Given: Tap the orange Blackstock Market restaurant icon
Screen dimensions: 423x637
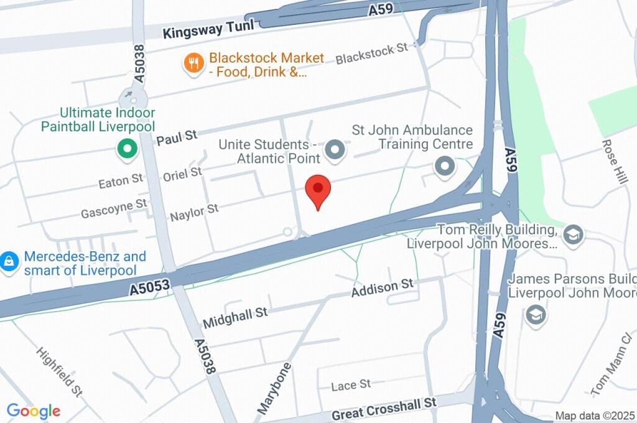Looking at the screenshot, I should click(x=195, y=63).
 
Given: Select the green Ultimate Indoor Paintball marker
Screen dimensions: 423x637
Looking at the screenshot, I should click(x=128, y=149).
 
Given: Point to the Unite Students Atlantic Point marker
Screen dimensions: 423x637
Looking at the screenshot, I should click(x=336, y=150).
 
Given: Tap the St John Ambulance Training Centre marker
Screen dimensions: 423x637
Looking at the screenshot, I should click(x=444, y=167).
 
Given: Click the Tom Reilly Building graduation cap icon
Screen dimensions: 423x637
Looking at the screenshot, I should click(x=572, y=235).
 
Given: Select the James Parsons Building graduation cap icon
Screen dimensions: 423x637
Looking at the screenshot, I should click(x=535, y=315).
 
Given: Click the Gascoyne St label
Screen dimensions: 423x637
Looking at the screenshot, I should click(x=114, y=208).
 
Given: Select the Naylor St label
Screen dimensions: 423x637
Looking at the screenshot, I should click(x=194, y=211).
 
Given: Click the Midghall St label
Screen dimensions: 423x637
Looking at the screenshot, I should click(x=235, y=318).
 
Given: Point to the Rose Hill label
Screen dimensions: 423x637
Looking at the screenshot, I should click(x=615, y=161).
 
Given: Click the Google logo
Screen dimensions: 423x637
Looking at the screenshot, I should click(x=34, y=411).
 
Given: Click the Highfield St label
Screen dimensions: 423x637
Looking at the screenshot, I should click(x=60, y=371).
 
